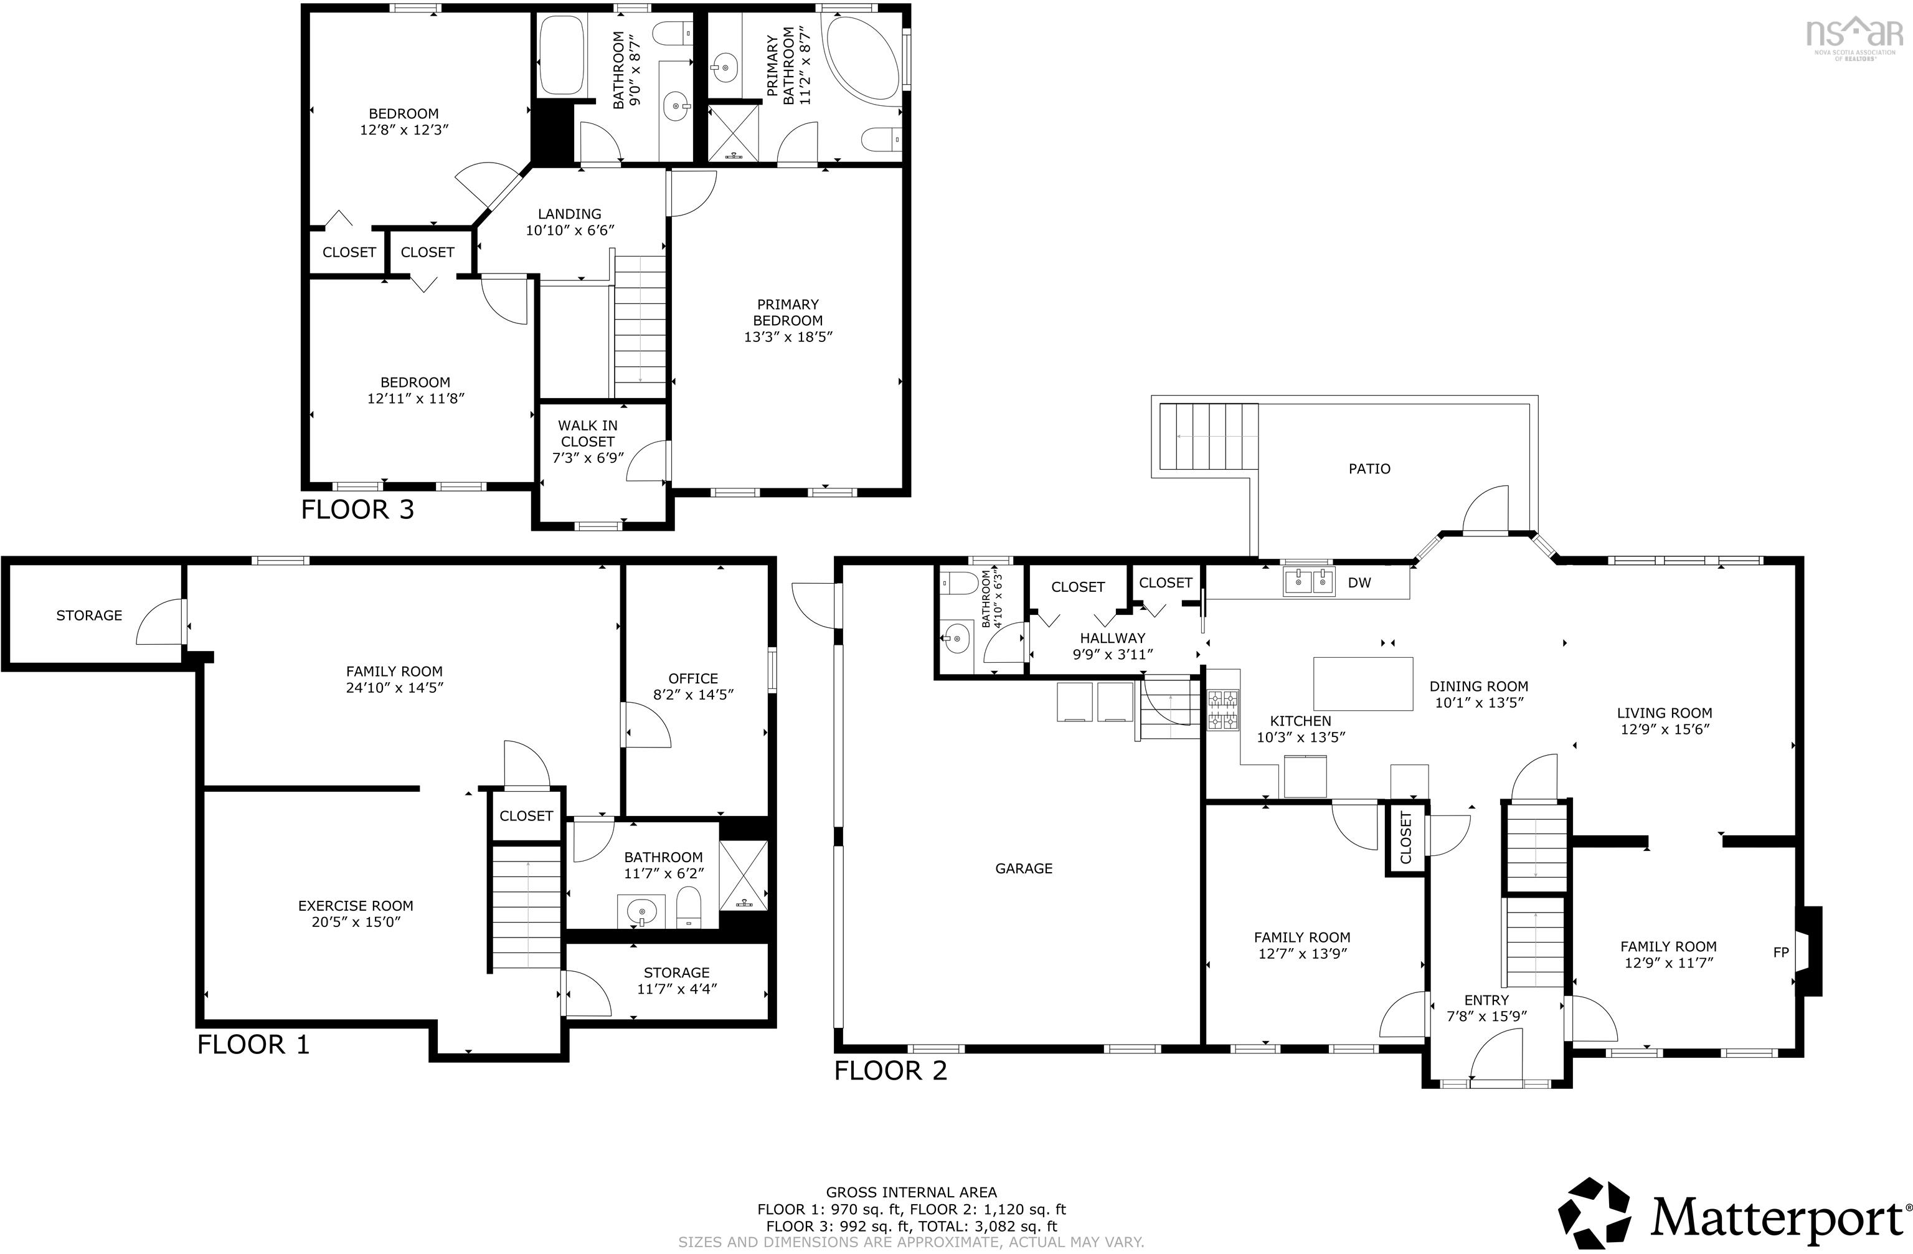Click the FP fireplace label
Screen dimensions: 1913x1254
pos(1780,952)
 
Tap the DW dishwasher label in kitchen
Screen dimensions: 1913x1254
pos(1359,583)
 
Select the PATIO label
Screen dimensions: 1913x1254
pos(1369,468)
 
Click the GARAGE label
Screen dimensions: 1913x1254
pos(1023,868)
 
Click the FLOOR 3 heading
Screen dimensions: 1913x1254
pos(357,510)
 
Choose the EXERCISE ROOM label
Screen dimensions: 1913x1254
pos(356,906)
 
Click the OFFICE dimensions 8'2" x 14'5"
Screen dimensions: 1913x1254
pos(693,695)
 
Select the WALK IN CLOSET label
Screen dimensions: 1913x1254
pos(588,434)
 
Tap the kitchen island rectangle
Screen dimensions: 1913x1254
pos(1363,684)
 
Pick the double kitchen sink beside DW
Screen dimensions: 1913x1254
pos(1308,581)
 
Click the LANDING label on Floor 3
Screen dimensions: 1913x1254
pos(569,214)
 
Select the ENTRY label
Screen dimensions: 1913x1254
pos(1486,1000)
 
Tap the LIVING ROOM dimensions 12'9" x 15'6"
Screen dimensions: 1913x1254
pos(1664,729)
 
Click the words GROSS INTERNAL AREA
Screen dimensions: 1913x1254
pos(912,1192)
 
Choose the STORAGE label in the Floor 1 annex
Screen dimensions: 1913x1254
pos(89,615)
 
